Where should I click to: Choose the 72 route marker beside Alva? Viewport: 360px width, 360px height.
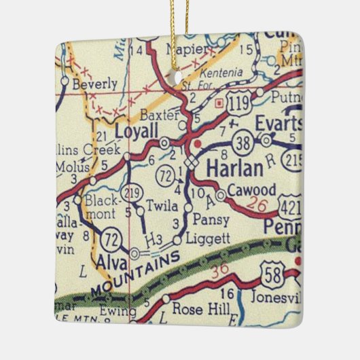[110, 239]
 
